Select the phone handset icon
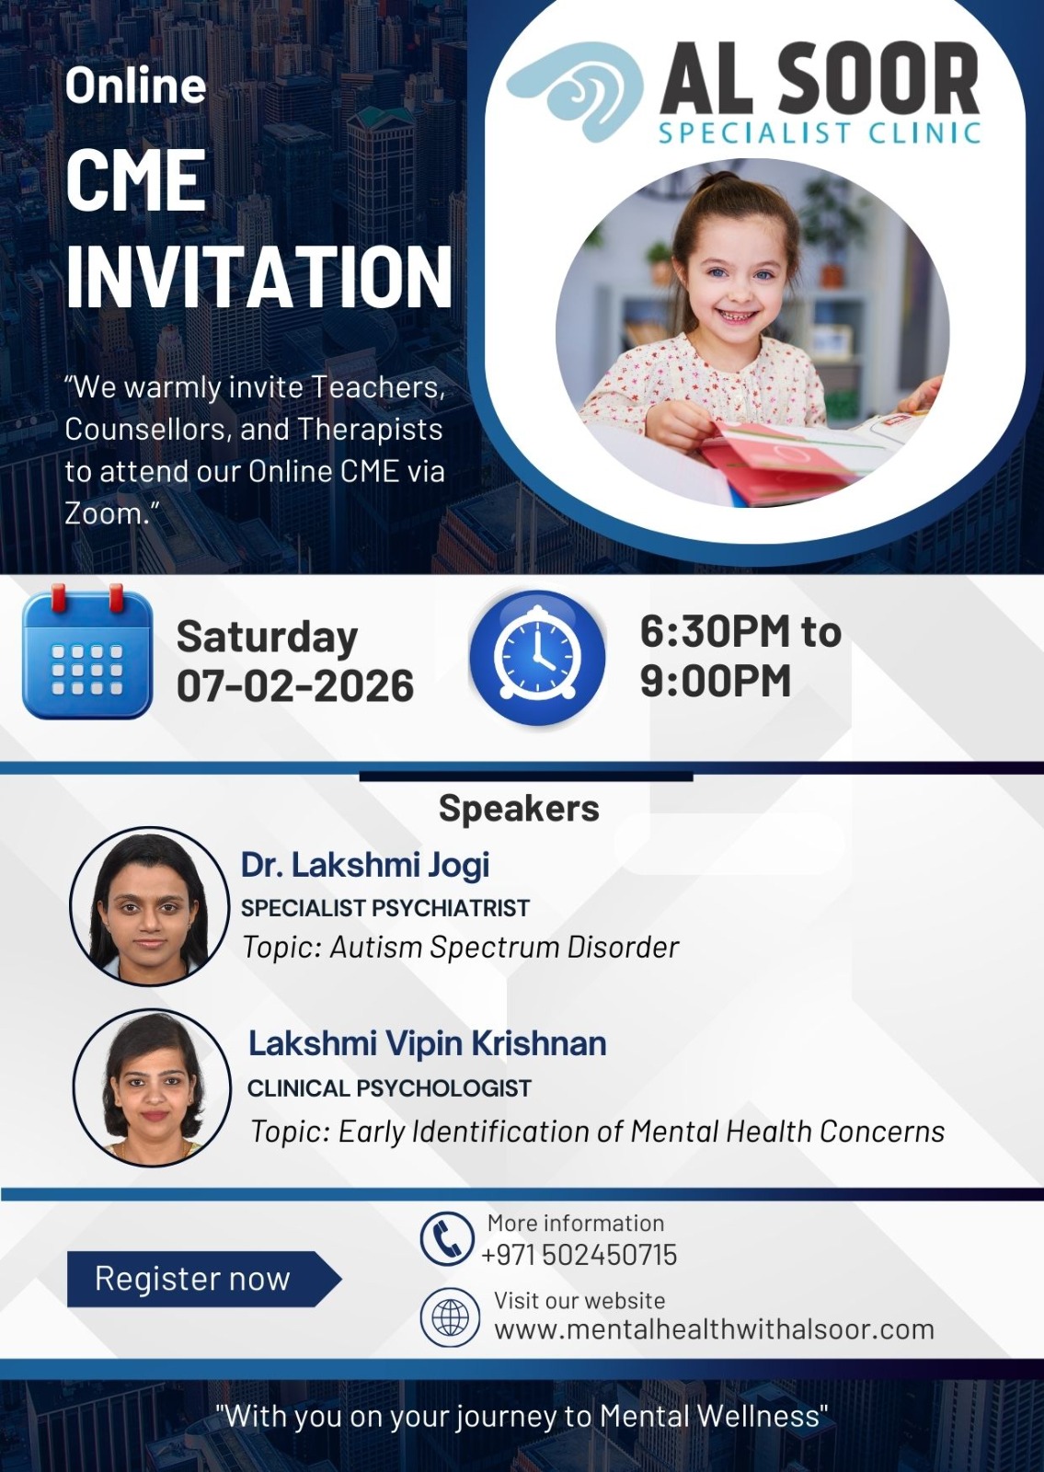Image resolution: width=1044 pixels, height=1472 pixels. pos(447,1238)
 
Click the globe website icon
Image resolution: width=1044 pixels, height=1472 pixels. pos(450,1317)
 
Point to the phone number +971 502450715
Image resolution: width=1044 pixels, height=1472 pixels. pos(579,1255)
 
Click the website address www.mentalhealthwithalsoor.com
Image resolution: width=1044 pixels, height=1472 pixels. pos(714,1328)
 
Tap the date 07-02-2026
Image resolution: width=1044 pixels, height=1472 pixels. pos(295,685)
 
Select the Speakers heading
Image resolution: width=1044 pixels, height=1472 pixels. pos(519,808)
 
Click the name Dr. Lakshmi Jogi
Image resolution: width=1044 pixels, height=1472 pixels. pos(365,864)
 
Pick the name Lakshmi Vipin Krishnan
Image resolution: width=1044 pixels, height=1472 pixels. pos(427,1043)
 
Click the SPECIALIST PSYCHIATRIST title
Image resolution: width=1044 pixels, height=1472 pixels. pos(385,907)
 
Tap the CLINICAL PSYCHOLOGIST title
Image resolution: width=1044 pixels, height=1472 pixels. pos(389,1088)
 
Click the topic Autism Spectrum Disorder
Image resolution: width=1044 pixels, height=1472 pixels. pos(504,947)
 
